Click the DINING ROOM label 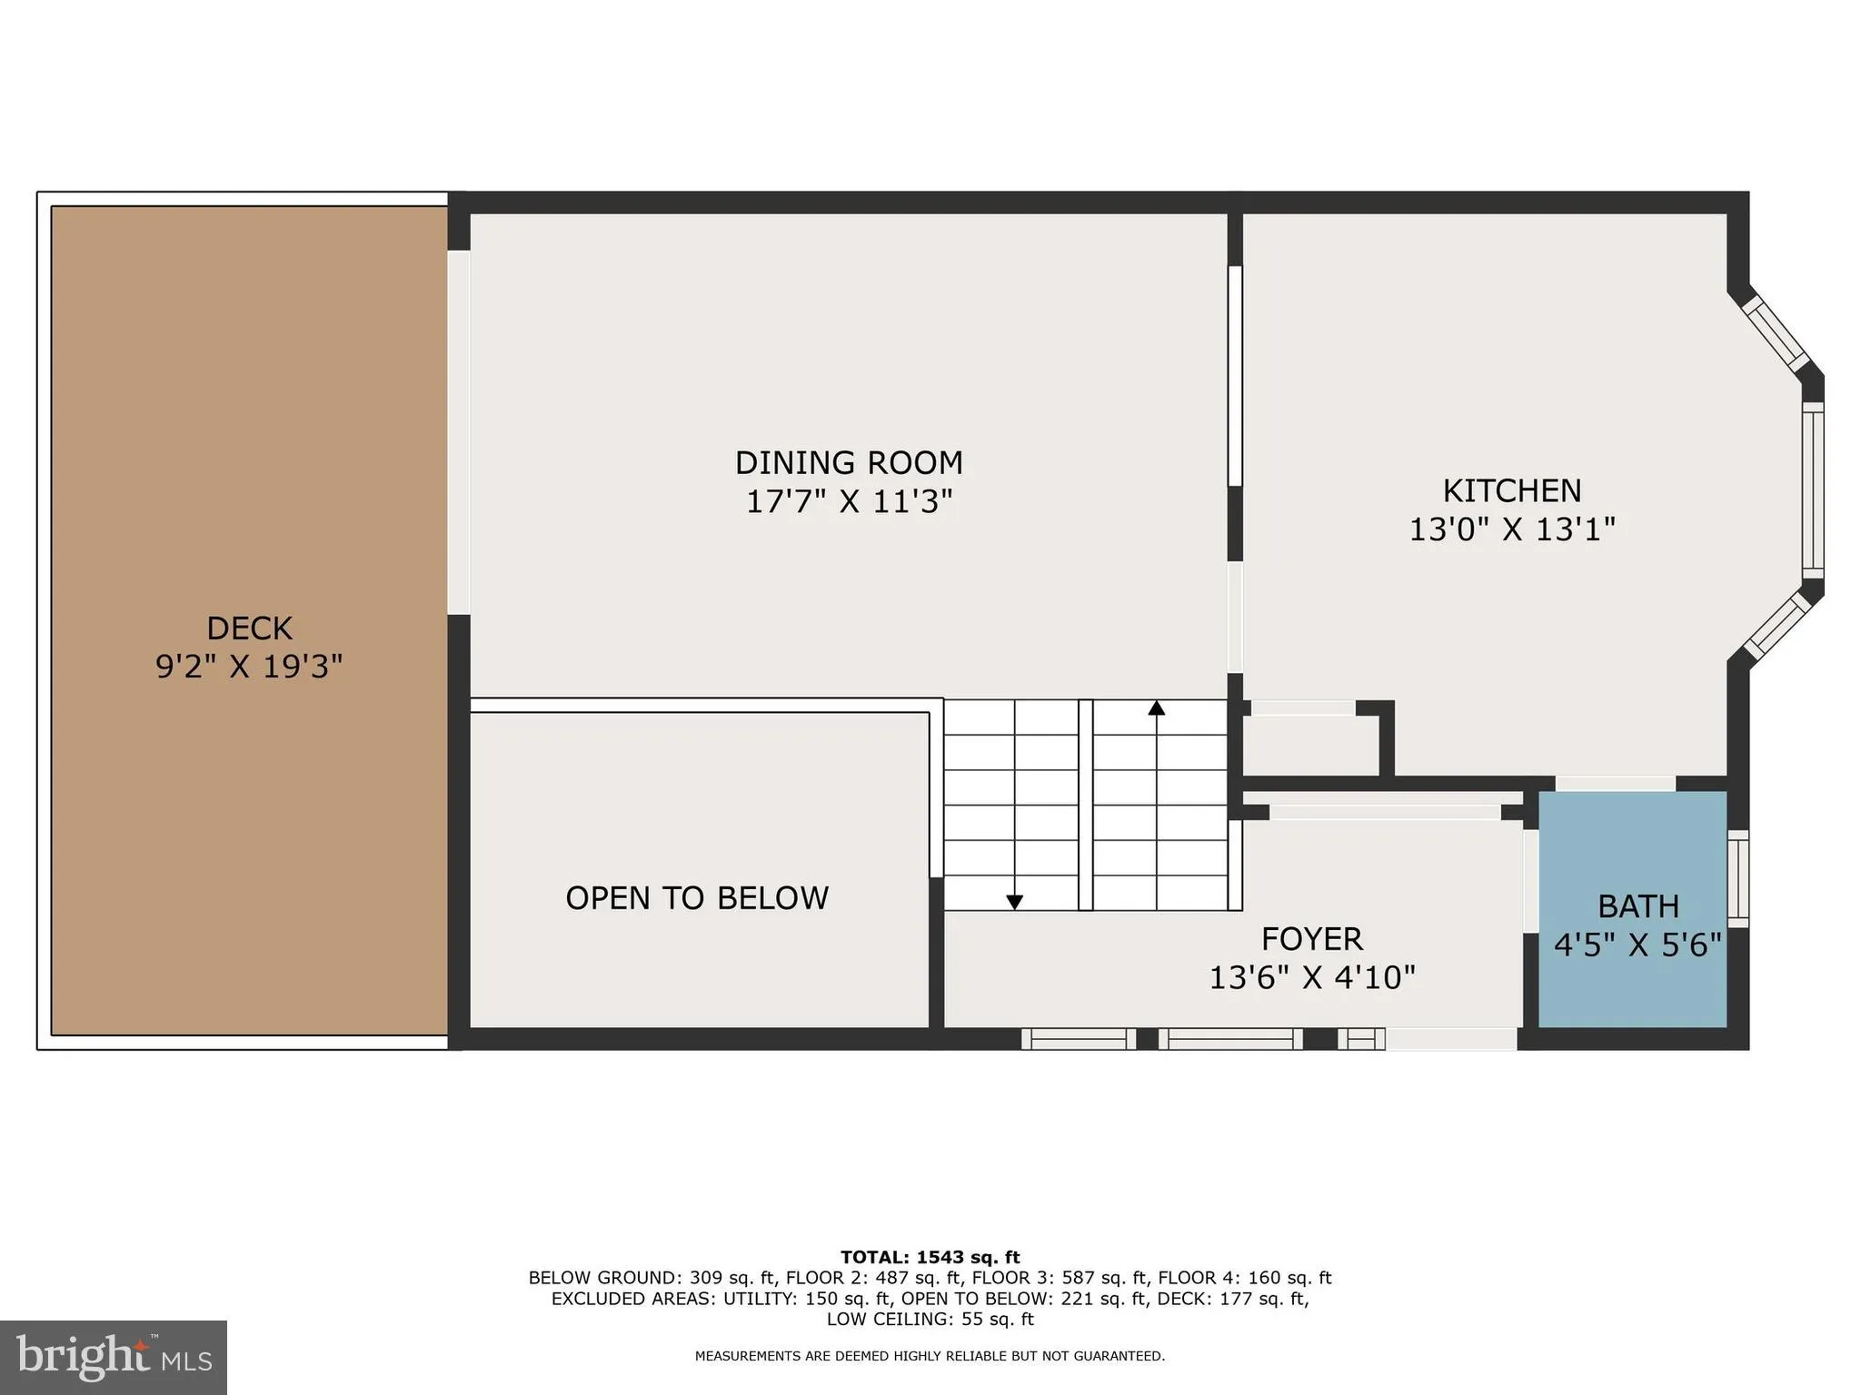point(848,463)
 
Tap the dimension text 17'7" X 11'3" point(848,502)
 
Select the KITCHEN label point(1511,491)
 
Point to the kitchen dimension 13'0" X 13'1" point(1511,529)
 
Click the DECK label point(249,628)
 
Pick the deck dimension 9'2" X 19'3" point(249,668)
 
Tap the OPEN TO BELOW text point(697,898)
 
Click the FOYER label point(1311,938)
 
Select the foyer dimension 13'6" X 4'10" point(1311,978)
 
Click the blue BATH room point(1632,863)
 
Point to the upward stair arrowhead point(1156,707)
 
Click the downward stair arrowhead point(1014,902)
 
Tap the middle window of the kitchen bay point(1812,490)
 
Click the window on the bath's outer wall point(1737,878)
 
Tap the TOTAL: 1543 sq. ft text point(930,1258)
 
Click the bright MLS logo point(113,1357)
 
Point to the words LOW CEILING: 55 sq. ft point(930,1320)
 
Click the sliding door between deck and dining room point(459,432)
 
